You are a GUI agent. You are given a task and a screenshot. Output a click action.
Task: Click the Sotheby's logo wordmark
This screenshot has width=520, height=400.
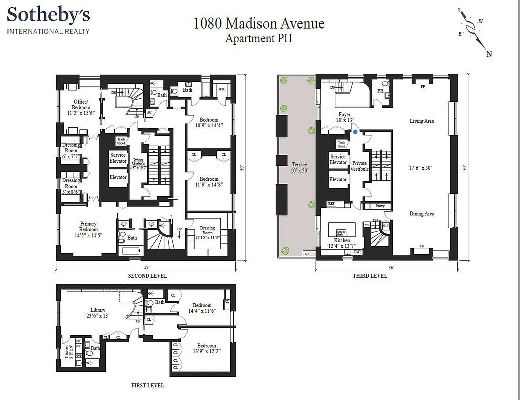(x=48, y=15)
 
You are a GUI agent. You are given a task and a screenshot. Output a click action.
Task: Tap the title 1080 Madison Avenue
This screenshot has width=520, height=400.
(x=259, y=23)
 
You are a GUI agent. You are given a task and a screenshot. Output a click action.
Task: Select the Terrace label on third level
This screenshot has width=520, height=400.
(x=299, y=165)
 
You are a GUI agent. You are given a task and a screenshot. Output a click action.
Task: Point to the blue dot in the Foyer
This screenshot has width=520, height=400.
(x=355, y=132)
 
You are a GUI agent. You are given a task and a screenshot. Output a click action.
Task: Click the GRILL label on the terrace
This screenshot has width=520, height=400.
(x=310, y=254)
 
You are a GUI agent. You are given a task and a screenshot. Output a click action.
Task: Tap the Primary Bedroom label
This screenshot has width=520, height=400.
(x=88, y=224)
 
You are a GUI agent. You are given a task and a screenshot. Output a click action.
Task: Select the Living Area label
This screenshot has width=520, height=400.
(x=421, y=121)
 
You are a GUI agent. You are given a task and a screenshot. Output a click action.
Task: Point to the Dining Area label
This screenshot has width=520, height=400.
(x=422, y=214)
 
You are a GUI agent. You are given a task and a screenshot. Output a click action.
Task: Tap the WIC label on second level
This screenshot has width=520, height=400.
(x=222, y=89)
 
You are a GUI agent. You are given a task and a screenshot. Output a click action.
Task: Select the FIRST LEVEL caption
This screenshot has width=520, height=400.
(x=147, y=385)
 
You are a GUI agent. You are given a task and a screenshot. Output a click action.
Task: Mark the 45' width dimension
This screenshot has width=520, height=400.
(x=146, y=267)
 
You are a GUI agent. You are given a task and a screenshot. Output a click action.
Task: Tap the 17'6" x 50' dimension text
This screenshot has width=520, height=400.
(x=421, y=168)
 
